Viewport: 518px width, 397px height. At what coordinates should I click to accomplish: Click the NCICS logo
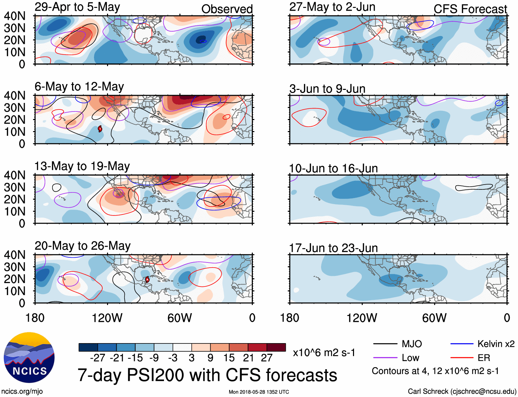[29, 358]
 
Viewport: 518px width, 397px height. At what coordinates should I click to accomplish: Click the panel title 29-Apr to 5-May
[77, 7]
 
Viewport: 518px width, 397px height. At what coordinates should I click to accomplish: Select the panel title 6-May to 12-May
[79, 86]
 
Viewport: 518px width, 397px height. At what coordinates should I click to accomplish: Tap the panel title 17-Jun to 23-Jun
[333, 248]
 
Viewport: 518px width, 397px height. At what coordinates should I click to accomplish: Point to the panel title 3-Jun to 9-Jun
[327, 89]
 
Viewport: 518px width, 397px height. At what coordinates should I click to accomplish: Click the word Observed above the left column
[227, 9]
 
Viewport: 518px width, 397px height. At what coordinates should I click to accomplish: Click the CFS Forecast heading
[470, 9]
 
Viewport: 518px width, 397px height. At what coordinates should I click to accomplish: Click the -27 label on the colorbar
[98, 358]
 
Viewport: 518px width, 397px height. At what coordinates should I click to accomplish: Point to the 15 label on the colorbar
[229, 358]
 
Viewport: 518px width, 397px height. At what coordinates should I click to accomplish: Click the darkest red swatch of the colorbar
[276, 347]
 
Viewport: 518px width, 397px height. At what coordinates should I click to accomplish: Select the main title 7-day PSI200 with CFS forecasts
[207, 375]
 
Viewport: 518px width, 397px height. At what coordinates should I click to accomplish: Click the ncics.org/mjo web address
[22, 392]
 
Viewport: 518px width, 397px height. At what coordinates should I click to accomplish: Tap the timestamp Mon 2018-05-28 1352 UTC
[259, 392]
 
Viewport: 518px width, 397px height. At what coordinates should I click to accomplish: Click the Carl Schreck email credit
[462, 392]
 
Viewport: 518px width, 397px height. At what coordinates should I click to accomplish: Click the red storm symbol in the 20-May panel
[147, 279]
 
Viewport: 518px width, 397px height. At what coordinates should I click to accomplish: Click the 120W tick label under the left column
[107, 318]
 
